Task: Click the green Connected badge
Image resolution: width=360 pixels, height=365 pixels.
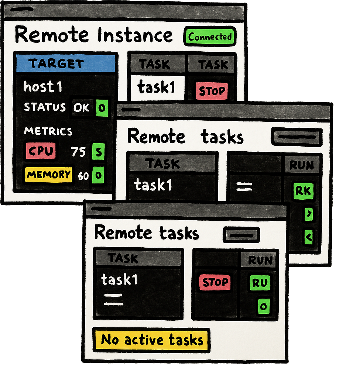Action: [x=210, y=37]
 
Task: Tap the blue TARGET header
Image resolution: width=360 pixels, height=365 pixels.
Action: [x=65, y=63]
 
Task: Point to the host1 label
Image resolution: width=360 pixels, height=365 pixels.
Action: [x=43, y=87]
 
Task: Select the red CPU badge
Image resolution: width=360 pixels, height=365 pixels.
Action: [x=41, y=151]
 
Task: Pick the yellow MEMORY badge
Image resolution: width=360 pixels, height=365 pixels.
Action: [x=48, y=175]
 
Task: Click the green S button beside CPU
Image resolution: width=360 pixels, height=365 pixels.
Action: [x=98, y=152]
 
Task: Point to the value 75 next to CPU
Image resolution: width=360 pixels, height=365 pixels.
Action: [x=78, y=151]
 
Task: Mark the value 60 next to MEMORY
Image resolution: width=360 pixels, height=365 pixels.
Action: [x=83, y=176]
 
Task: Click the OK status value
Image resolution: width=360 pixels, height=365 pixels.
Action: [x=81, y=107]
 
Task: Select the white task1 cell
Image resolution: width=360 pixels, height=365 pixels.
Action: [x=157, y=87]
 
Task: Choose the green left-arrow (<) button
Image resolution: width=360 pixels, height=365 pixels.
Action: [x=309, y=237]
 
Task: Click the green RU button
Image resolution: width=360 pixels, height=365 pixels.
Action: [x=260, y=283]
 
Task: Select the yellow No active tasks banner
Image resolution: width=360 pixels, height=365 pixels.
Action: [x=151, y=340]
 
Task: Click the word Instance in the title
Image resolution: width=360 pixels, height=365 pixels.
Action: [x=135, y=35]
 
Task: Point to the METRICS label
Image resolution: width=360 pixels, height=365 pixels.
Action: [x=48, y=131]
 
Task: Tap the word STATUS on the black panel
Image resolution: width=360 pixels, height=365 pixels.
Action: [x=45, y=107]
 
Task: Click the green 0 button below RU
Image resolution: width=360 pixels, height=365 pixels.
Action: [x=264, y=306]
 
